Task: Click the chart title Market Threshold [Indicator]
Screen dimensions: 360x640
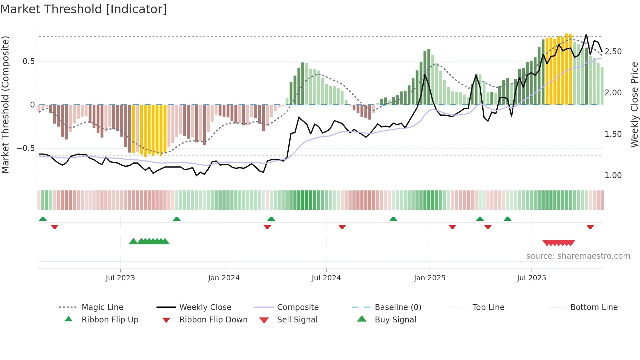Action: (x=84, y=9)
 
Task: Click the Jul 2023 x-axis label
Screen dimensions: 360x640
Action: (x=120, y=278)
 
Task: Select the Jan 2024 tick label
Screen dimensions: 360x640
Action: (x=224, y=278)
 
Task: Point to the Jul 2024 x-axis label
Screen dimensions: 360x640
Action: (x=326, y=278)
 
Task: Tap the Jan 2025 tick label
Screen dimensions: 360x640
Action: (x=429, y=278)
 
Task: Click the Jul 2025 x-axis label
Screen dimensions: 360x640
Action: (x=531, y=278)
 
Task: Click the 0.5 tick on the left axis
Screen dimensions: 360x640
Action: (x=28, y=61)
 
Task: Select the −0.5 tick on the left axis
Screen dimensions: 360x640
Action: (x=26, y=148)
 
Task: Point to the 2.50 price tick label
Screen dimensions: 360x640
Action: (x=613, y=52)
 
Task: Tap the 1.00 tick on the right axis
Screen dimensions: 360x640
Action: (x=613, y=175)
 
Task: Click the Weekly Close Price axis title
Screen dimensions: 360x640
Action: (x=634, y=105)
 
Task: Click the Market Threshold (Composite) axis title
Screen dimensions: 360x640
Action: (x=5, y=105)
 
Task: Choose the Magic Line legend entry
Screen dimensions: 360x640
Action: (x=102, y=307)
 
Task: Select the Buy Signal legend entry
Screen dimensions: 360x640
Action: (x=395, y=320)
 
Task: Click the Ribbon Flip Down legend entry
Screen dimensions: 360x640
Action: (x=213, y=320)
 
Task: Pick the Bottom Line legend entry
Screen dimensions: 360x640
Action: (x=594, y=307)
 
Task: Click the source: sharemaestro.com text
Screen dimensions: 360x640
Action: (x=578, y=256)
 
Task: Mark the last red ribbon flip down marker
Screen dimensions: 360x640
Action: (x=590, y=227)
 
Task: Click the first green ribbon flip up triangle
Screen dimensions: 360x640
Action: (x=43, y=219)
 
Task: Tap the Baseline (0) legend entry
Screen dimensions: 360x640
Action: (x=398, y=307)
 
